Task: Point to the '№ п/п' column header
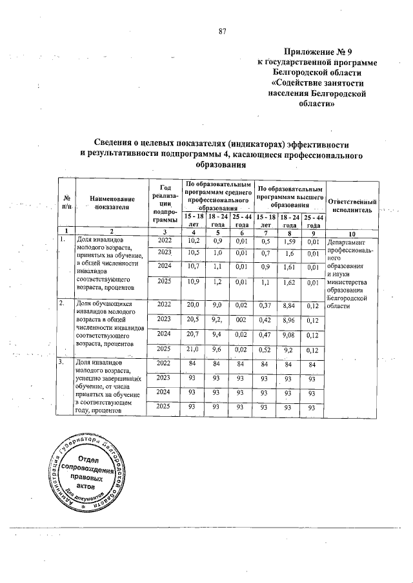coord(66,202)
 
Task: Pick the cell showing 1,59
coord(290,242)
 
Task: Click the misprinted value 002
coord(241,319)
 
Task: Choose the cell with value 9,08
coord(290,335)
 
